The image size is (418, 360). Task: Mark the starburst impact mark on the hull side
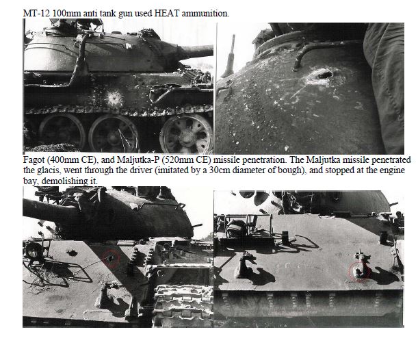(115, 98)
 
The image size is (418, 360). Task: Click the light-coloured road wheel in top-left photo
(186, 134)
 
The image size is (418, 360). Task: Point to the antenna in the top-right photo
(229, 57)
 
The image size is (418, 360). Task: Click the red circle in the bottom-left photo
(112, 258)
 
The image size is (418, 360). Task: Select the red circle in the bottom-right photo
(358, 271)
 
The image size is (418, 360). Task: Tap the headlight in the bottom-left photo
(34, 251)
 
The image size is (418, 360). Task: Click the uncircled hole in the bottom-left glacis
(72, 253)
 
